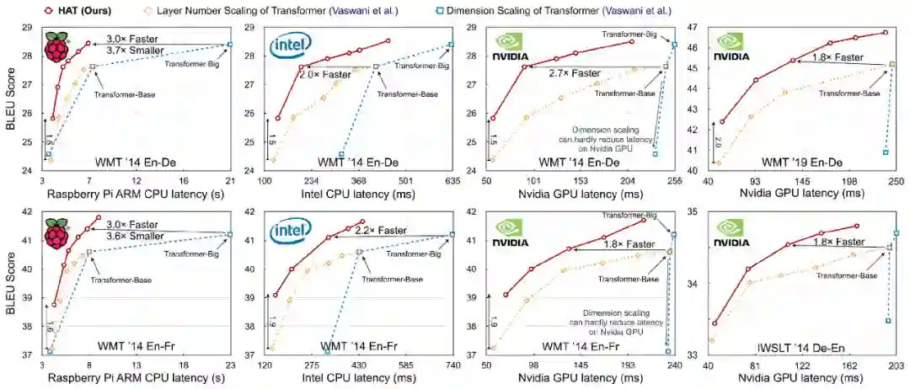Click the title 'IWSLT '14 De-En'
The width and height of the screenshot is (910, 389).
[x=800, y=344]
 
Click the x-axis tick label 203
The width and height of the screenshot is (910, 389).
[x=897, y=365]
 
